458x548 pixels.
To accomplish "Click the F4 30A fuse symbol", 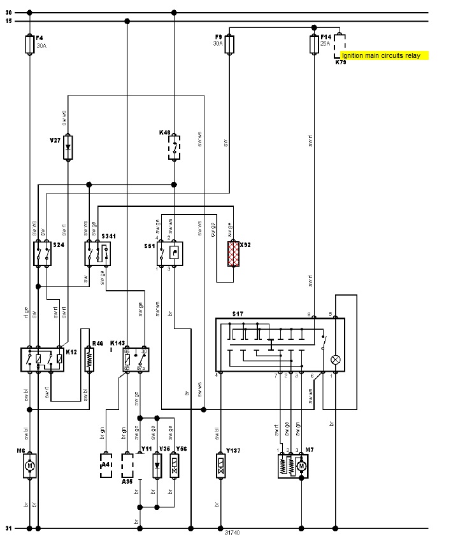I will coord(29,45).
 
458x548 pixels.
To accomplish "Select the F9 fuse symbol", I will coord(229,45).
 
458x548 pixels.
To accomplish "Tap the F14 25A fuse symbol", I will coord(313,45).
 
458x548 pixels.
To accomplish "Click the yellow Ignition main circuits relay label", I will coord(385,56).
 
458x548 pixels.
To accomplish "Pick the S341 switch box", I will coord(97,253).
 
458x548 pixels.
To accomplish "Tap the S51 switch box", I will coord(169,253).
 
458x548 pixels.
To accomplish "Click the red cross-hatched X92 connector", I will coord(234,254).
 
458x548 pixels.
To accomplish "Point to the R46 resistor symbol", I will coord(89,358).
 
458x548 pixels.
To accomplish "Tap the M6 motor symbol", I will coord(29,466).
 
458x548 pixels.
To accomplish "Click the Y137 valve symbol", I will coord(220,466).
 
